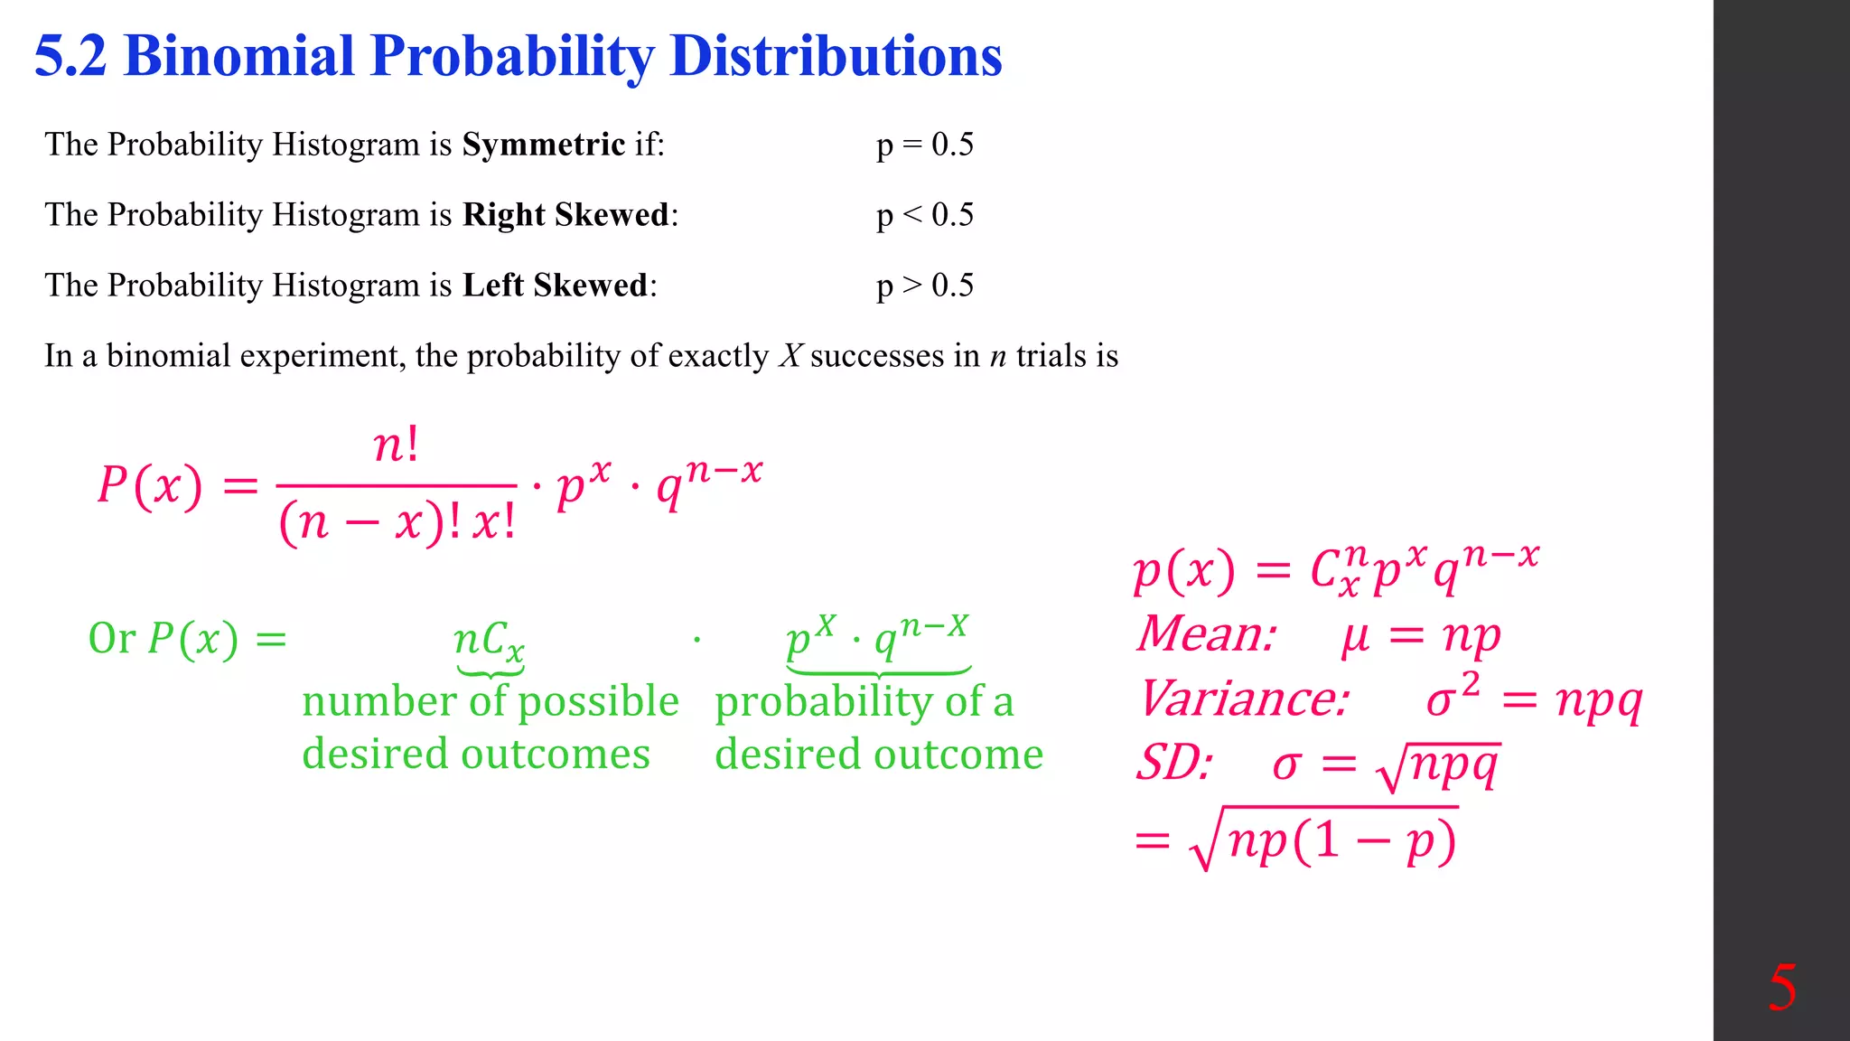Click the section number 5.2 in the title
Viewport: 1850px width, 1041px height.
click(x=70, y=56)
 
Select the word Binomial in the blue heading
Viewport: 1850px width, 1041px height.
click(x=238, y=56)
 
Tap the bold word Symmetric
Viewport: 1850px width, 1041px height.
click(x=543, y=145)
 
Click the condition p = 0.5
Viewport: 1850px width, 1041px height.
click(x=925, y=145)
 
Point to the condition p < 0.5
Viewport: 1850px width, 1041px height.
click(x=925, y=215)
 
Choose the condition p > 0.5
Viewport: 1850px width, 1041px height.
click(x=925, y=286)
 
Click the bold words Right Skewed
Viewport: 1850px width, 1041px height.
click(x=566, y=215)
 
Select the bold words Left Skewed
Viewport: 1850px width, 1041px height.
click(x=556, y=286)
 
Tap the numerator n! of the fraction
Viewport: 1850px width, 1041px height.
click(x=397, y=445)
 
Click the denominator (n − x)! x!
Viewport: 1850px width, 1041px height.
click(x=397, y=522)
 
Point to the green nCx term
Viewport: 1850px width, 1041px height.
click(x=489, y=640)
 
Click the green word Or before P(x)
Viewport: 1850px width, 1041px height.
click(x=111, y=638)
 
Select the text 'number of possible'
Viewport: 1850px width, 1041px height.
click(x=490, y=701)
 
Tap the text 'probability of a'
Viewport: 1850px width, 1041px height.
click(x=864, y=701)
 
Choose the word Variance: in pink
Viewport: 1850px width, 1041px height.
click(x=1245, y=699)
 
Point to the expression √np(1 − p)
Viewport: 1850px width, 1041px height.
click(x=1324, y=839)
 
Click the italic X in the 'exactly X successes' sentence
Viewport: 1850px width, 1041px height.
click(x=790, y=356)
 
